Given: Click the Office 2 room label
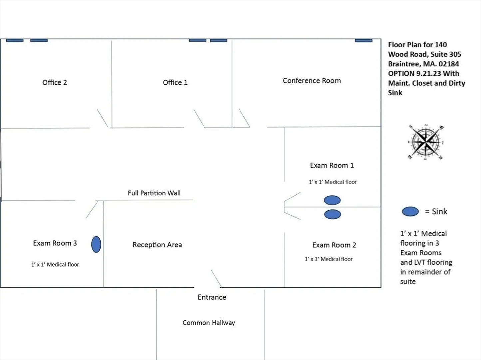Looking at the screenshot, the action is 55,82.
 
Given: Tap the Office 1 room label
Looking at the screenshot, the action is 175,82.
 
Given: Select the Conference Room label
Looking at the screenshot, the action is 312,81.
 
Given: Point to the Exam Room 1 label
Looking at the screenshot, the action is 332,165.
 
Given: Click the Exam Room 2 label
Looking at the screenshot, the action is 334,245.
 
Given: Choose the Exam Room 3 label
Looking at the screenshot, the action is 55,243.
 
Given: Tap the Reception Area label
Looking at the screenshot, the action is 157,245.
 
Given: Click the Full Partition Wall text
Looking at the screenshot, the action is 154,193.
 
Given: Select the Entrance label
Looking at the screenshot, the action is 212,297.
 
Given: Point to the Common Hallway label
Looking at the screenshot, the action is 209,323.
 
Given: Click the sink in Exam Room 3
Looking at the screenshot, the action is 96,244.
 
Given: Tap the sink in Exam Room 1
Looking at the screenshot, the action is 332,200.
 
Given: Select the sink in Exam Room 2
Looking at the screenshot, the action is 333,214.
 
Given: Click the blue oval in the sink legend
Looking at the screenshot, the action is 410,212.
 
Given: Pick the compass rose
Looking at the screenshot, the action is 426,142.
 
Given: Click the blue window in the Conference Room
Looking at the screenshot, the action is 364,41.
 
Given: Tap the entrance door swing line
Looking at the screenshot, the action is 216,278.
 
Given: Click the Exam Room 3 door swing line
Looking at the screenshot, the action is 92,209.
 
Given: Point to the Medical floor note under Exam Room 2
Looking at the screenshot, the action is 329,259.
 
